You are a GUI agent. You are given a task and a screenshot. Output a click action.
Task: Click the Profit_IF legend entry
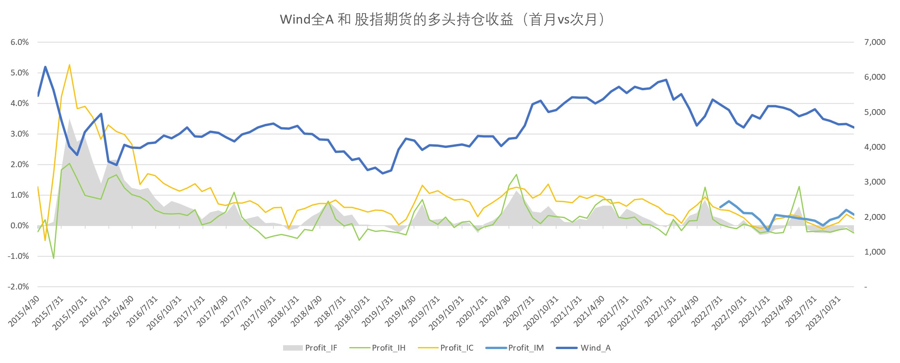click(x=310, y=348)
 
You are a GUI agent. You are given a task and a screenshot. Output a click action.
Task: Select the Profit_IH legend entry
click(x=377, y=348)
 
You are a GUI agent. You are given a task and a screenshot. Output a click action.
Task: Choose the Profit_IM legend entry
click(x=515, y=348)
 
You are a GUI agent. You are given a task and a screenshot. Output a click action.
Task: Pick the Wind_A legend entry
click(x=584, y=348)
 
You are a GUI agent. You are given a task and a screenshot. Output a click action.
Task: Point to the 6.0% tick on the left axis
click(x=19, y=42)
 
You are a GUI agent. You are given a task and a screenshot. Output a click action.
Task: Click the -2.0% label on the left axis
click(x=18, y=287)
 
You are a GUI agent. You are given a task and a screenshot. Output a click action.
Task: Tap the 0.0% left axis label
click(x=19, y=226)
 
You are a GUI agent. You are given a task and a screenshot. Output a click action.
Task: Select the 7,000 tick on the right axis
click(x=874, y=42)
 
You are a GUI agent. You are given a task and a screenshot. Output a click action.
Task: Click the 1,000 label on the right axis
click(x=874, y=252)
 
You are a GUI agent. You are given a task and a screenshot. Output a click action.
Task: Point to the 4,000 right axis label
click(x=874, y=147)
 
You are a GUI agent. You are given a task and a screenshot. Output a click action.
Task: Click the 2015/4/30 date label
click(x=24, y=311)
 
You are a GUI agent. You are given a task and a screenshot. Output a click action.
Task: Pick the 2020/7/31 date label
click(x=519, y=311)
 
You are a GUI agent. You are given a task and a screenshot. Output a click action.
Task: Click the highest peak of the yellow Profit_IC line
click(x=69, y=65)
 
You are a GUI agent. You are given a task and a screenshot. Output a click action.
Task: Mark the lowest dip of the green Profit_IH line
click(x=53, y=258)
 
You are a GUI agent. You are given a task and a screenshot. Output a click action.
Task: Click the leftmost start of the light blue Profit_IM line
click(x=720, y=207)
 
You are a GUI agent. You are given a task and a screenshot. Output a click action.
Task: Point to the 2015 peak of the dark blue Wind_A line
click(x=45, y=67)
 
